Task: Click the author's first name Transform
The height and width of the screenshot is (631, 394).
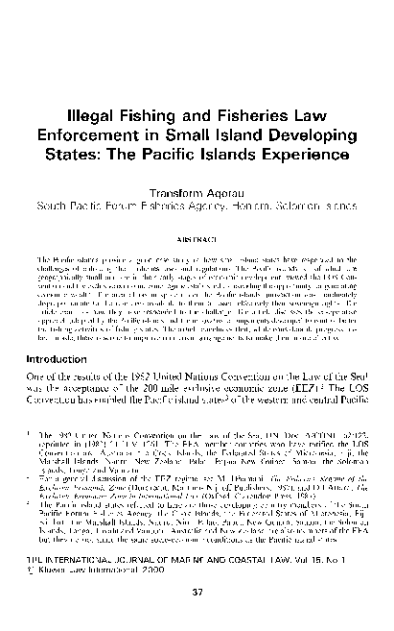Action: click(x=176, y=190)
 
